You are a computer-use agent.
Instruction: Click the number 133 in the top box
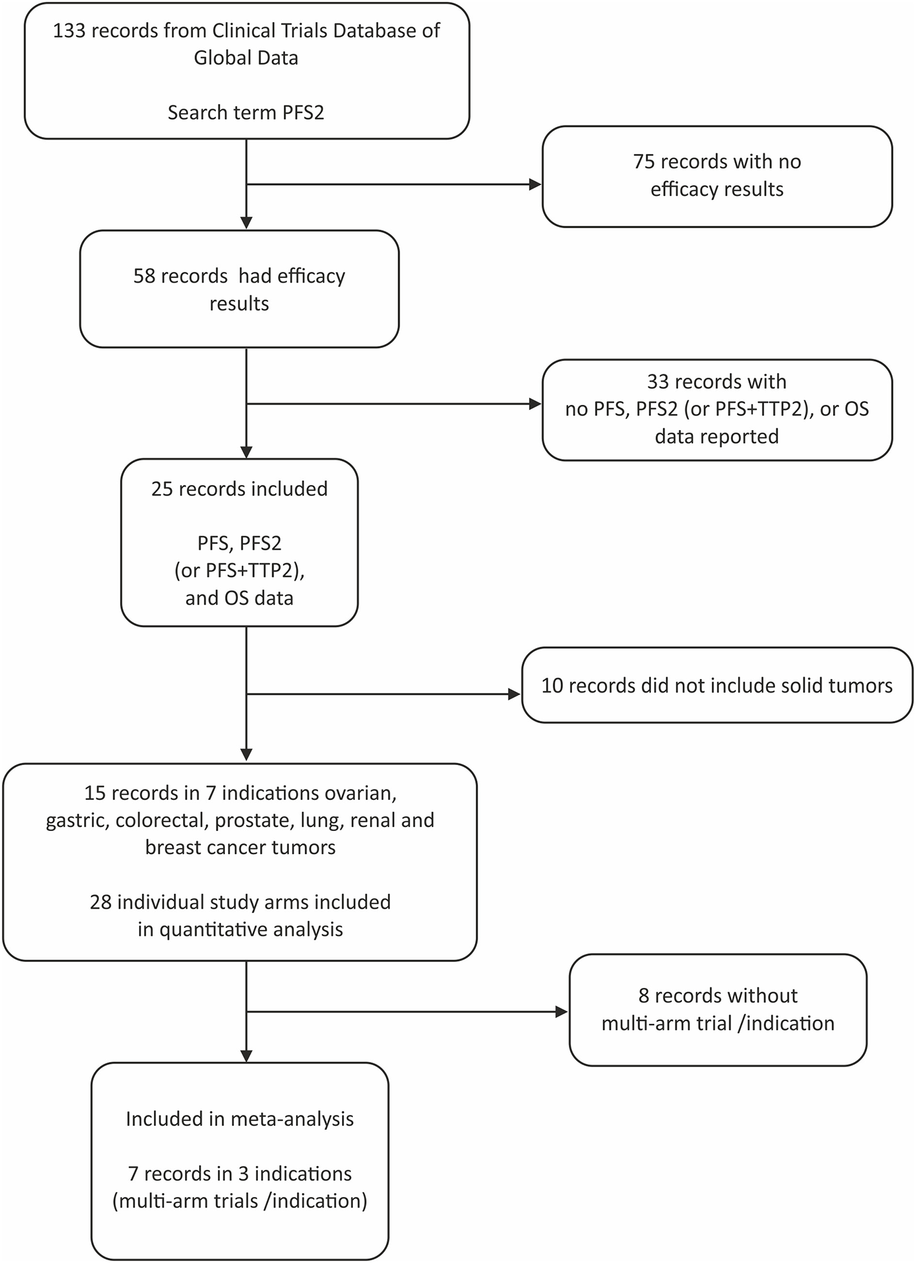click(x=70, y=30)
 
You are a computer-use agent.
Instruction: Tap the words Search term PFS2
click(x=246, y=113)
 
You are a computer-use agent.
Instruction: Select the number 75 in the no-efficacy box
click(x=644, y=161)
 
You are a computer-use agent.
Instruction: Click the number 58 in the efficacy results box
click(x=144, y=276)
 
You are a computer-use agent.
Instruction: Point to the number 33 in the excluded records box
click(x=657, y=382)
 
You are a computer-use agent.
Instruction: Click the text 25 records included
click(x=239, y=489)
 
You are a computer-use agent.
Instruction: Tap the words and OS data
click(x=239, y=598)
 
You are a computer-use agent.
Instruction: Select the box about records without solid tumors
click(x=716, y=685)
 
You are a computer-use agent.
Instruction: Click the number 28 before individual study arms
click(x=100, y=901)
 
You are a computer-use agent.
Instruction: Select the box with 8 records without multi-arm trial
click(x=718, y=1009)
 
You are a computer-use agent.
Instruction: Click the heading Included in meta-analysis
click(x=240, y=1119)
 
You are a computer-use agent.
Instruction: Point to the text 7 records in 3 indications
click(x=240, y=1173)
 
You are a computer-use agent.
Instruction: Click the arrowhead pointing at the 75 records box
click(x=535, y=185)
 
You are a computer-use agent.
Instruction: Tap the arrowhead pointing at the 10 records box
click(x=515, y=695)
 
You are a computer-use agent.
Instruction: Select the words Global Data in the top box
click(x=246, y=58)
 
